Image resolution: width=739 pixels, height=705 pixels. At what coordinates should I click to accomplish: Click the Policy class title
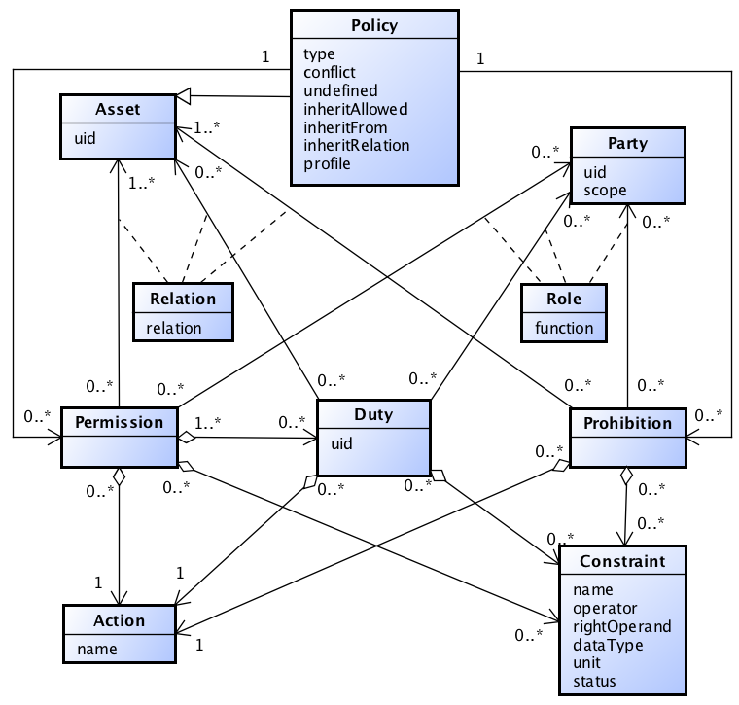pyautogui.click(x=373, y=24)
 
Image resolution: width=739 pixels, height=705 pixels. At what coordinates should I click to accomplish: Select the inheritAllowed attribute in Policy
pyautogui.click(x=355, y=109)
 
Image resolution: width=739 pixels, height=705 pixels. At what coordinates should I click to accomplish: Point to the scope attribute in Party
pyautogui.click(x=605, y=191)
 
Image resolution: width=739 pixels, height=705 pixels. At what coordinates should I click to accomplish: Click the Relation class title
pyautogui.click(x=183, y=299)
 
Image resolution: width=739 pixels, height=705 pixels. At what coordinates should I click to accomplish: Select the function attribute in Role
pyautogui.click(x=564, y=328)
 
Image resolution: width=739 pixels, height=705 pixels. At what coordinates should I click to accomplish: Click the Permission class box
pyautogui.click(x=120, y=437)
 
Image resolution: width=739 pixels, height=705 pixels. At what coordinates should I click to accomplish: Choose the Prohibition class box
pyautogui.click(x=627, y=437)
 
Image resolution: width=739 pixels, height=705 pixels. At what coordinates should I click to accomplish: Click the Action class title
pyautogui.click(x=120, y=620)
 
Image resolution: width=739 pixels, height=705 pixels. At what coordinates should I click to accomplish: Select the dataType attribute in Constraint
pyautogui.click(x=608, y=644)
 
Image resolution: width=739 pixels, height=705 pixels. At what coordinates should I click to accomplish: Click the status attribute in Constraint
pyautogui.click(x=594, y=681)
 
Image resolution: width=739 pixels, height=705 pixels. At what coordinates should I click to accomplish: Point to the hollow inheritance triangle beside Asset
pyautogui.click(x=183, y=97)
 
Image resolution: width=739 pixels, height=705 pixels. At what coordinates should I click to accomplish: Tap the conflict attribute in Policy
pyautogui.click(x=329, y=72)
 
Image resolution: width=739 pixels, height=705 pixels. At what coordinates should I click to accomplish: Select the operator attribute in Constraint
pyautogui.click(x=605, y=608)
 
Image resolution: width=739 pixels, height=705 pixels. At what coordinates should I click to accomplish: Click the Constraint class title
pyautogui.click(x=622, y=562)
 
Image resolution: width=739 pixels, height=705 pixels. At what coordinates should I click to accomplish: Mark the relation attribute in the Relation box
pyautogui.click(x=174, y=328)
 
